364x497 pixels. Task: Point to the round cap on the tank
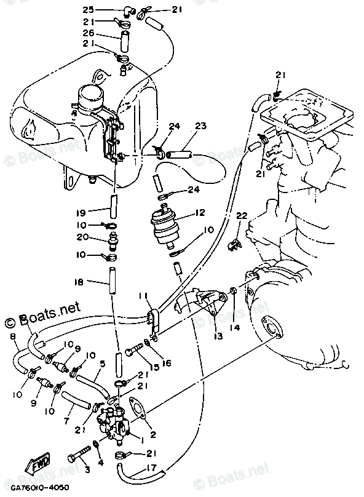(92, 97)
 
